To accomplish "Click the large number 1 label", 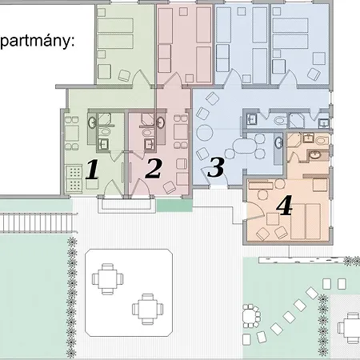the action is (92, 169).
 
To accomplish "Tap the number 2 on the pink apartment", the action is (154, 168).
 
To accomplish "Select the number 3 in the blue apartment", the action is (216, 167).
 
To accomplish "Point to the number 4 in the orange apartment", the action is (285, 205).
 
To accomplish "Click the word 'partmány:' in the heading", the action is (38, 42).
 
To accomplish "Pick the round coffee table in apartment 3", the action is (205, 133).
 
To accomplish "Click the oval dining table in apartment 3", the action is (244, 146).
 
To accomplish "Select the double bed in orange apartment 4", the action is (306, 222).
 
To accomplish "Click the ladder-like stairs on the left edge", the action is (38, 222).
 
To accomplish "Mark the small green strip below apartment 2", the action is (174, 206).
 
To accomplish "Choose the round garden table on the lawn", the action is (250, 316).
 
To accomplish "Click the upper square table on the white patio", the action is (107, 279).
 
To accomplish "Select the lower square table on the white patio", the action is (148, 309).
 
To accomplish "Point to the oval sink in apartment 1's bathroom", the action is (92, 122).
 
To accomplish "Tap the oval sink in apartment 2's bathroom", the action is (161, 122).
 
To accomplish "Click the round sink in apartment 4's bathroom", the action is (315, 155).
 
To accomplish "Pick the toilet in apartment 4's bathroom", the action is (322, 141).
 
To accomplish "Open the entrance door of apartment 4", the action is (255, 211).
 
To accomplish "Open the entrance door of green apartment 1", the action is (114, 189).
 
